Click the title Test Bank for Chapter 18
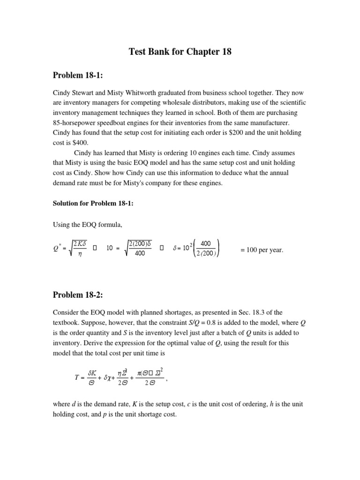pyautogui.click(x=180, y=52)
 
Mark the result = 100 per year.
pyautogui.click(x=262, y=250)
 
